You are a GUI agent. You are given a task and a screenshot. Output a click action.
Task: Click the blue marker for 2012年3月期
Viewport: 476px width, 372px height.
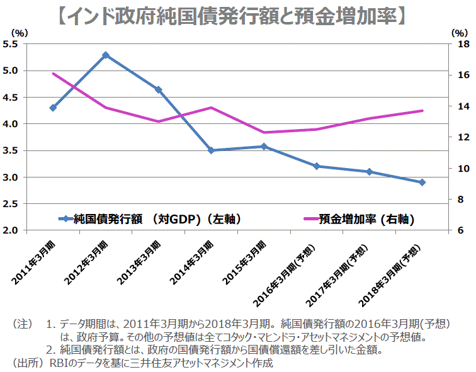[106, 55]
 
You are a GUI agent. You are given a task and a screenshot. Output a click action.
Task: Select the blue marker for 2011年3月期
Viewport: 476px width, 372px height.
[53, 108]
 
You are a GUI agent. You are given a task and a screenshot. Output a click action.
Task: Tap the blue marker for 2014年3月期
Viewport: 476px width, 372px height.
[212, 150]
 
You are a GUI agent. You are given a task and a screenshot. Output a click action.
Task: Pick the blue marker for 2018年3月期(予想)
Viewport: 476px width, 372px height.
[422, 183]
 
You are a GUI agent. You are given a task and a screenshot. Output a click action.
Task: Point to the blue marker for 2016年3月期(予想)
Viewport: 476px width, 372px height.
[317, 166]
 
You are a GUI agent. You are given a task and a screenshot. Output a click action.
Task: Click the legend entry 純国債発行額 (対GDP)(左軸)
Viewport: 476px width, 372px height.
[149, 220]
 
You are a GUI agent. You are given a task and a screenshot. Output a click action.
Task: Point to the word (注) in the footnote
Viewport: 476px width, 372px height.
[23, 325]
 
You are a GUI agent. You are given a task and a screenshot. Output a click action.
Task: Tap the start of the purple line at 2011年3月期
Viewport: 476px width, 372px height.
[53, 74]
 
